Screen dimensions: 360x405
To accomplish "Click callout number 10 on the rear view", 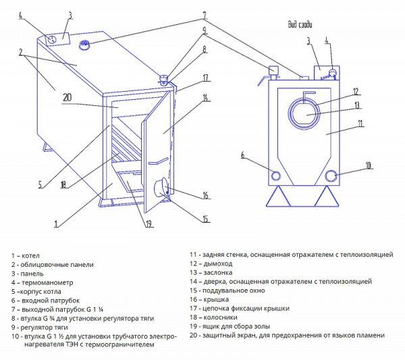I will point(368,165).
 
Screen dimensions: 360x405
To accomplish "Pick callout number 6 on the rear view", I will point(243,155).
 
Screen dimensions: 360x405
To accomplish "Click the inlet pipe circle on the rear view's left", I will point(276,175).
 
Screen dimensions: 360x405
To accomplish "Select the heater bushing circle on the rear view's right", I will point(331,176).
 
